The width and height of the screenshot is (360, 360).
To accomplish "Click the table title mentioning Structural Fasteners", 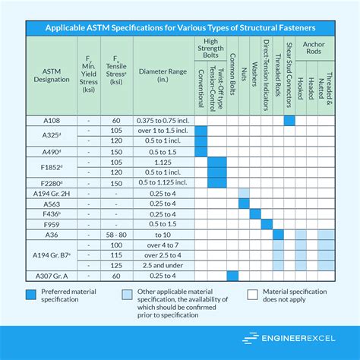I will (x=180, y=27).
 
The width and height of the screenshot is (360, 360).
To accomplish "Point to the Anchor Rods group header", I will (x=313, y=45).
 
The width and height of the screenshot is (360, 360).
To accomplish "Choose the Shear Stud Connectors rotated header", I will (x=289, y=76).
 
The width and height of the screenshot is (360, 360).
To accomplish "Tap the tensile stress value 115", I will (x=117, y=256).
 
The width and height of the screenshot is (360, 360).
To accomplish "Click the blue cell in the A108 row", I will (x=289, y=120).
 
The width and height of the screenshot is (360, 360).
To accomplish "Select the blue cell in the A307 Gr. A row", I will (x=233, y=275).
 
